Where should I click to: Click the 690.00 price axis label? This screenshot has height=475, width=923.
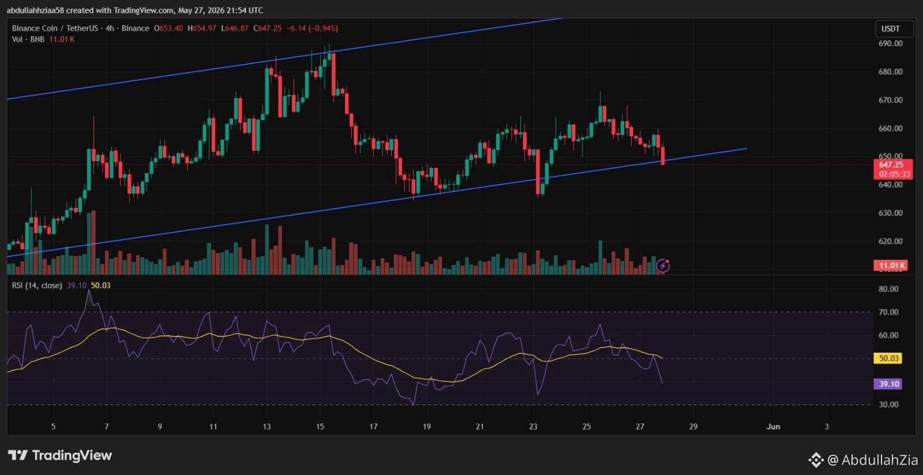click(x=891, y=43)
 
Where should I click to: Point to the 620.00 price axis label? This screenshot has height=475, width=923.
click(x=891, y=241)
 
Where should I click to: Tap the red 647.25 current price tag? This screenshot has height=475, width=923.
click(x=893, y=169)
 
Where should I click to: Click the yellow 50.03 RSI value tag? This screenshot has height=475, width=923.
click(x=888, y=358)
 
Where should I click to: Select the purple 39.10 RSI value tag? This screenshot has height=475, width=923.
click(x=888, y=384)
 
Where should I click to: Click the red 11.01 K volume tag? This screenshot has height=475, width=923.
click(x=891, y=265)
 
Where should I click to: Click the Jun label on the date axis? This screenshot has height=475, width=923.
click(x=773, y=427)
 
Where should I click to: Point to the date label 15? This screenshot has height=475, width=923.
click(x=320, y=427)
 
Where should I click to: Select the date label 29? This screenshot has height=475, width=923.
click(x=693, y=427)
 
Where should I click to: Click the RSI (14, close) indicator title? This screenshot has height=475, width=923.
click(x=37, y=285)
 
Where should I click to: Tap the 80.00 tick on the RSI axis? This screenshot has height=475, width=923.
click(x=888, y=289)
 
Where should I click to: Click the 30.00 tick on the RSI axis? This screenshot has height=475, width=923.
click(x=888, y=405)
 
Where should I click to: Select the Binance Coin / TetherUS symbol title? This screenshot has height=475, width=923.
click(x=55, y=28)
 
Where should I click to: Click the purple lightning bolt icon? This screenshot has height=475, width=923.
click(x=663, y=266)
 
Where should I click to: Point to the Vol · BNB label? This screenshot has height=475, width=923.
click(x=28, y=39)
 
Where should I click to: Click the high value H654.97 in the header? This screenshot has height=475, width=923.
click(x=202, y=28)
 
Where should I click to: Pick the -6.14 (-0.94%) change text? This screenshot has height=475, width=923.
click(x=312, y=28)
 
